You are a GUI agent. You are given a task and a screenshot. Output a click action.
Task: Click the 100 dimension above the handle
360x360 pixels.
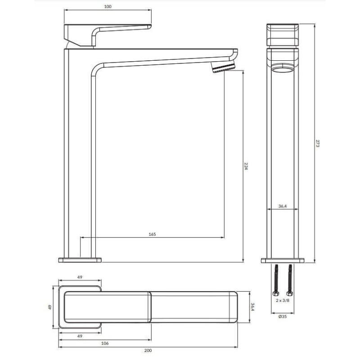point(108,7)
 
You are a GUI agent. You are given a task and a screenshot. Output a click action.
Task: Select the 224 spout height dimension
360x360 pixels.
point(246,166)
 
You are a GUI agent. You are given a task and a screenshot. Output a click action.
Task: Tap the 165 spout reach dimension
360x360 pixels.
point(152,234)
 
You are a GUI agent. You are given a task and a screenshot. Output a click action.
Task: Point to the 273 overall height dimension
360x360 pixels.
point(318,143)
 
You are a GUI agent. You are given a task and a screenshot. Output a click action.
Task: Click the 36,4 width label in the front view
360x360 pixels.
point(283,206)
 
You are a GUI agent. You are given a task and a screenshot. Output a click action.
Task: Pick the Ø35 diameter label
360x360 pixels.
point(283,316)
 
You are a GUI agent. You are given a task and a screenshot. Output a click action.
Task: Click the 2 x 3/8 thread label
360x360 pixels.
point(283,300)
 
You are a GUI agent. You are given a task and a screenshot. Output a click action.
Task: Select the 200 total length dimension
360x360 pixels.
point(148,351)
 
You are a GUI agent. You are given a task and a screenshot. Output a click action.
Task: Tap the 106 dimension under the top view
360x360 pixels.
point(105,343)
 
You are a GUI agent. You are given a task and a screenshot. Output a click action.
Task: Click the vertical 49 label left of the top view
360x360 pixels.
point(50,307)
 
